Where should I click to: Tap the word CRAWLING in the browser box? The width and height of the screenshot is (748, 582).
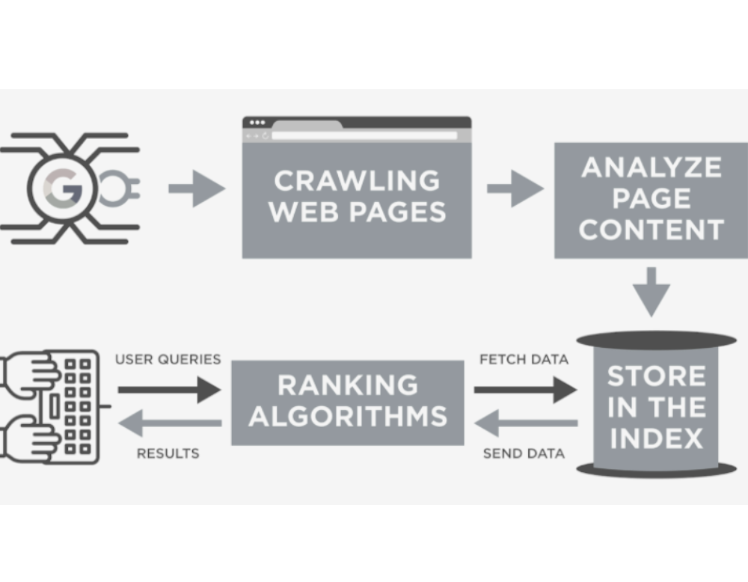(x=356, y=181)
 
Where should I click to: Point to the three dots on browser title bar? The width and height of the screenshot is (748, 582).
(x=257, y=123)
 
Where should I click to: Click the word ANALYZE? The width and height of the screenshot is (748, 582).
(x=651, y=167)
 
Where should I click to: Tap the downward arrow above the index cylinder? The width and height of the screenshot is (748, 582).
(x=652, y=291)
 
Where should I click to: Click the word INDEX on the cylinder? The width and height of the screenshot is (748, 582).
(x=657, y=438)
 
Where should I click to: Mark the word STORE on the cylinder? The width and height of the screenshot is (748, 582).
(x=656, y=376)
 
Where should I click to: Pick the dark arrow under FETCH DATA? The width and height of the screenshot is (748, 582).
(x=524, y=390)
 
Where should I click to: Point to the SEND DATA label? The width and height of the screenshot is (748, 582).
(x=524, y=453)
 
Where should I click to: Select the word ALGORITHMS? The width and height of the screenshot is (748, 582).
(x=348, y=416)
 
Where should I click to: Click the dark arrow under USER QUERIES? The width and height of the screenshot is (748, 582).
(x=169, y=390)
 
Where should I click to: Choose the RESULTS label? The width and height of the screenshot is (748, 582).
(x=168, y=453)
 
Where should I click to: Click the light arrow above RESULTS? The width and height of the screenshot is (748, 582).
(x=169, y=423)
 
